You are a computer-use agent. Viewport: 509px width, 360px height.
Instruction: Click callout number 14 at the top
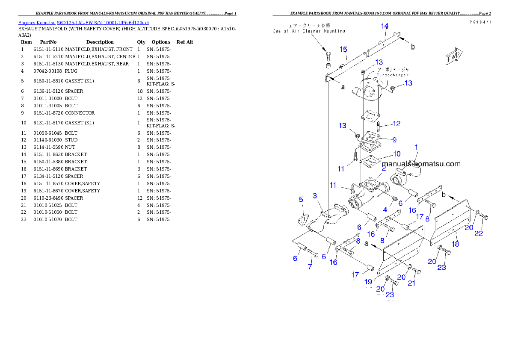click(385, 26)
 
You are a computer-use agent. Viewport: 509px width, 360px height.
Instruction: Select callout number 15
click(343, 49)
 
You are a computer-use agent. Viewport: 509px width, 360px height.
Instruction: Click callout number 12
click(397, 124)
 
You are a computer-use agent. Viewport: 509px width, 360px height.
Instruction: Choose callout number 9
click(394, 140)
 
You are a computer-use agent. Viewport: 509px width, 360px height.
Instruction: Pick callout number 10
click(397, 153)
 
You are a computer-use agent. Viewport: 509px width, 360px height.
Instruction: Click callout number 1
click(416, 147)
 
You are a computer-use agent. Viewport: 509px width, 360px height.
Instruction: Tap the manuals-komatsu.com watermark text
click(421, 164)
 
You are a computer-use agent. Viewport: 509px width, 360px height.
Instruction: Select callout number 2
click(384, 169)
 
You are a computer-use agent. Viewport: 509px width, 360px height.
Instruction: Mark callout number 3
click(315, 196)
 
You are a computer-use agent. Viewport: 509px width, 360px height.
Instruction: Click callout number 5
click(301, 199)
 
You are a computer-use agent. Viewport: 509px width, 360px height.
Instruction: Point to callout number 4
click(385, 210)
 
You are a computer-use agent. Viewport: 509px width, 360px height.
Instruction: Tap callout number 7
click(310, 267)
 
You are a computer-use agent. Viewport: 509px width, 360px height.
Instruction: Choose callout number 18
click(456, 244)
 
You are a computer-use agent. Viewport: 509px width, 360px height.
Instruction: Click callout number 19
click(368, 282)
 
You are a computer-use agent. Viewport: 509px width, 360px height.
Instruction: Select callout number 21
click(411, 283)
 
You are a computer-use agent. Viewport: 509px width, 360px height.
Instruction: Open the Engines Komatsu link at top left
click(83, 22)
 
